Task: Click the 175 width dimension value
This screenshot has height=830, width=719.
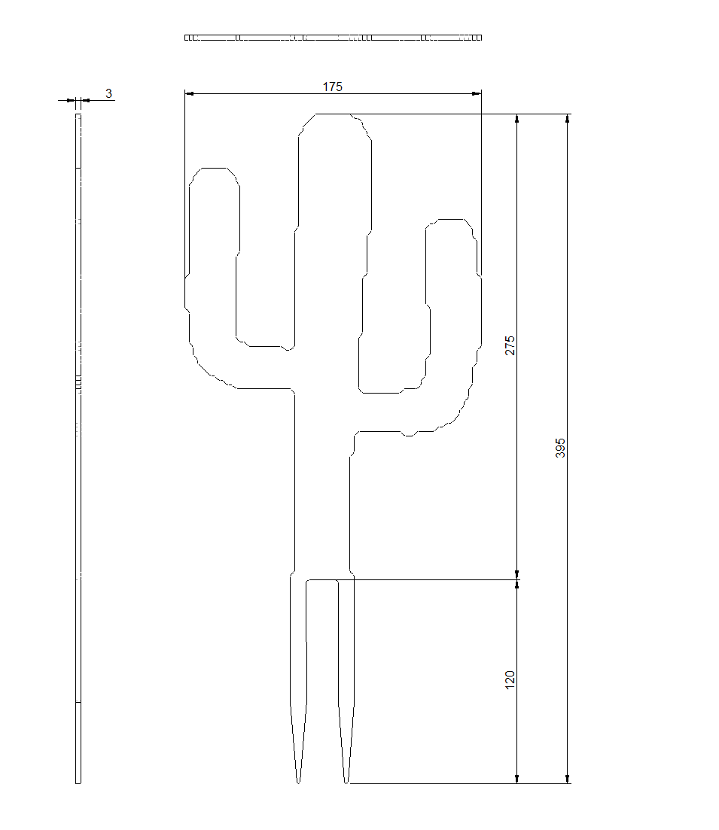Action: [333, 87]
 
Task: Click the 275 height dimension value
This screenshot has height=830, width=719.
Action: [510, 345]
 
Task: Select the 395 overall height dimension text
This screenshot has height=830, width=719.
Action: [560, 448]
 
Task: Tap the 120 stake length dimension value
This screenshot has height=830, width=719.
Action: [510, 680]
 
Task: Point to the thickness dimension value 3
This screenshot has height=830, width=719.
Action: [108, 93]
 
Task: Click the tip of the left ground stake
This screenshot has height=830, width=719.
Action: [298, 781]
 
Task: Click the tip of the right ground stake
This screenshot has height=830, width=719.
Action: [346, 781]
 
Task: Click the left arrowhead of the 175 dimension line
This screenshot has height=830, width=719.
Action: [190, 94]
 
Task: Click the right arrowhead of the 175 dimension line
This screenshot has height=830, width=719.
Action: [477, 94]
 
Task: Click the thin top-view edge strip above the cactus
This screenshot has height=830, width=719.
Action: [333, 37]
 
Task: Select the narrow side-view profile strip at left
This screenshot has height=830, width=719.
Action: [78, 451]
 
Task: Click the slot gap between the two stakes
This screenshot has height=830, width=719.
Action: [321, 640]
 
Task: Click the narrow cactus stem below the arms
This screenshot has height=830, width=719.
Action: [321, 489]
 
